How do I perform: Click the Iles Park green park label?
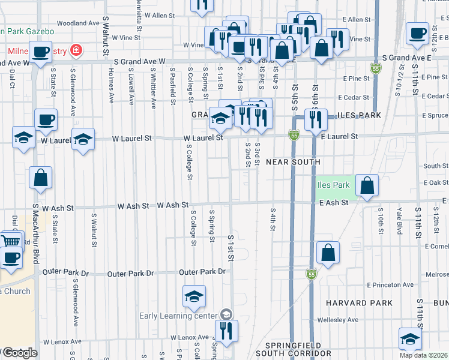tap(333, 185)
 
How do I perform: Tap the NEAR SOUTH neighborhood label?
tap(293, 162)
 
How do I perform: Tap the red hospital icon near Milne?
tap(76, 49)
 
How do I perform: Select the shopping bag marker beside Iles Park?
tap(367, 185)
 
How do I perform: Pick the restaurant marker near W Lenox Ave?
tap(226, 331)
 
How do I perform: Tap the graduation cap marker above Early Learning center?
tap(194, 296)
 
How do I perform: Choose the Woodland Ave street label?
tap(77, 23)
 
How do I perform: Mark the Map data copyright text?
tap(424, 355)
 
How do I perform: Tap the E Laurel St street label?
tap(339, 137)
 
